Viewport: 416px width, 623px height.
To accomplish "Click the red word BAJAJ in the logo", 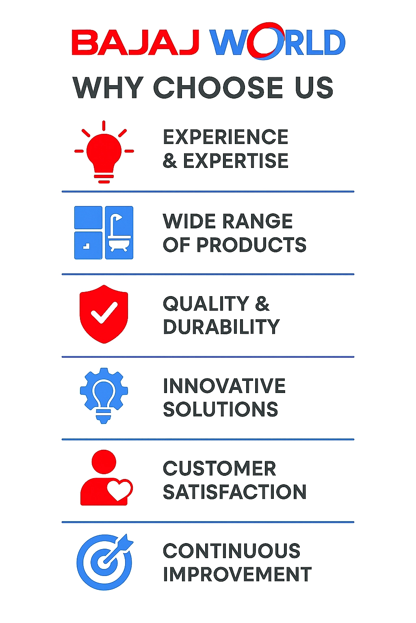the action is (x=136, y=42).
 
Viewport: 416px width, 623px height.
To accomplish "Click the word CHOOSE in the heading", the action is (x=218, y=87).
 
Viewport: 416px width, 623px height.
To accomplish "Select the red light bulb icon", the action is (x=104, y=152).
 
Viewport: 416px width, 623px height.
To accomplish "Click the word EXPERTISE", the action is (x=236, y=161).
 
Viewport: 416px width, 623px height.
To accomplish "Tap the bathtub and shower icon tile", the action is (x=119, y=232).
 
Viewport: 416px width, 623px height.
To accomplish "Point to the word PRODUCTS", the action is (x=251, y=245).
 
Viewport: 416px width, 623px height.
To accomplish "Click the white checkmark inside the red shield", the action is (x=104, y=313).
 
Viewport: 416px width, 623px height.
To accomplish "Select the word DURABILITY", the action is (x=221, y=327).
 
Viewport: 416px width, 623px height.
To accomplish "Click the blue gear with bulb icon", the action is (x=104, y=395).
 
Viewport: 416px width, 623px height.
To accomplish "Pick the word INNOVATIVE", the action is (x=224, y=386).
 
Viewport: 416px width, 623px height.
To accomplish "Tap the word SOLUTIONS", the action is (x=221, y=409).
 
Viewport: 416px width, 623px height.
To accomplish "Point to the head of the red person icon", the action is (x=104, y=462).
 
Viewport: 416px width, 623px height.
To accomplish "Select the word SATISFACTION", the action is (x=235, y=492).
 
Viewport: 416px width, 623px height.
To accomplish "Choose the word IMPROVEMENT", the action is (x=237, y=574).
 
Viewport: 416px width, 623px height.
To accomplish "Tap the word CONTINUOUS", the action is (x=232, y=551).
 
